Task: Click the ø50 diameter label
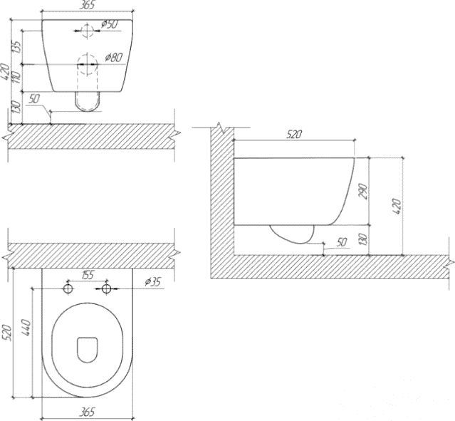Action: pyautogui.click(x=110, y=24)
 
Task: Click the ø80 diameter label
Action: pyautogui.click(x=111, y=57)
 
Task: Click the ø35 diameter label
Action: pyautogui.click(x=152, y=282)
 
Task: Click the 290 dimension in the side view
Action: pyautogui.click(x=364, y=192)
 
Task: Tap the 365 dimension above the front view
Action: pyautogui.click(x=88, y=6)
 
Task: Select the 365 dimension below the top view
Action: pyautogui.click(x=87, y=411)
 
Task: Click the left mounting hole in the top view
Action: pyautogui.click(x=68, y=289)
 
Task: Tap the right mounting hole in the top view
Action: pyautogui.click(x=107, y=289)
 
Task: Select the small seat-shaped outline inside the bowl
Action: pyautogui.click(x=87, y=347)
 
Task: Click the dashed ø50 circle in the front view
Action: pyautogui.click(x=87, y=31)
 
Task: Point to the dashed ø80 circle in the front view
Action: pyautogui.click(x=87, y=63)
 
